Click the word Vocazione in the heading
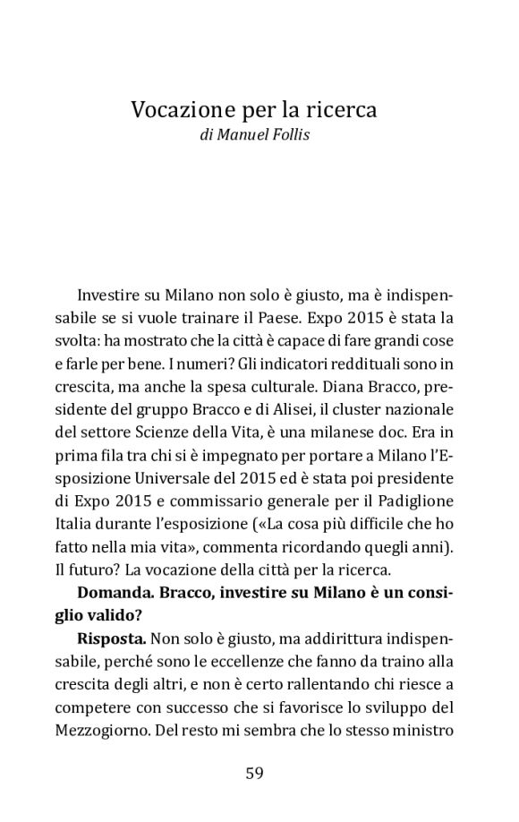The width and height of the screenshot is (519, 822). [175, 111]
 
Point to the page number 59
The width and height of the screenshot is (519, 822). [254, 774]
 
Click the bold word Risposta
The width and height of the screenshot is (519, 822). [112, 641]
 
